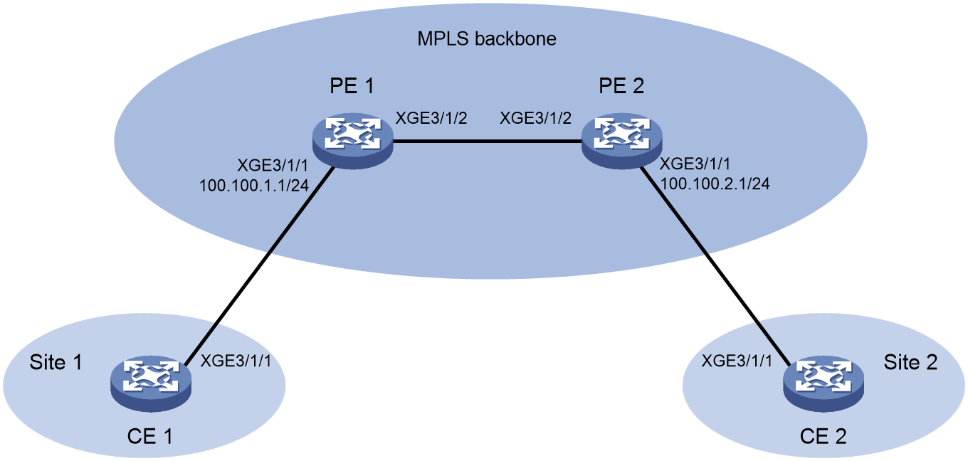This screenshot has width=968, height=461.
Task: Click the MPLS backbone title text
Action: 487,39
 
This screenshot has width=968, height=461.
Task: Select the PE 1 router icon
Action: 354,142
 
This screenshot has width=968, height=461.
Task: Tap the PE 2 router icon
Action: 622,142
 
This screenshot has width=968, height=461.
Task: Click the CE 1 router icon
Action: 151,383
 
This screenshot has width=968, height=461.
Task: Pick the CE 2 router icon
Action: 824,383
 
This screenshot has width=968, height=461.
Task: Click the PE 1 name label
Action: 352,85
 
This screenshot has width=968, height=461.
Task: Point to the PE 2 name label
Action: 621,85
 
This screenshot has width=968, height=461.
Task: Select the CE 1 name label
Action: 150,436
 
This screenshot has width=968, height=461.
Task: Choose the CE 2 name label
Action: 824,436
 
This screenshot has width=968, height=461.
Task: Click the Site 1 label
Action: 56,362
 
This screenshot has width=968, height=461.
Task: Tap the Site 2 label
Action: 910,362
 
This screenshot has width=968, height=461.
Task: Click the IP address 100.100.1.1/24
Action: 254,186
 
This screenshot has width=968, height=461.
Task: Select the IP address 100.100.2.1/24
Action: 715,184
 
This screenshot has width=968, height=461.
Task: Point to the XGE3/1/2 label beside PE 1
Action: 432,118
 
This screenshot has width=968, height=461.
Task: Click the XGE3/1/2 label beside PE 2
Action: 536,118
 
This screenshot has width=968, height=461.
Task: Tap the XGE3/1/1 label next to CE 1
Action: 236,361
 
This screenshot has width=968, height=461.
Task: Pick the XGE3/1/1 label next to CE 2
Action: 737,361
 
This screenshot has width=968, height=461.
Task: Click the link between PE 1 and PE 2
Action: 488,142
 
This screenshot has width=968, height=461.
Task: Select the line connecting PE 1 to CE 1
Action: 261,265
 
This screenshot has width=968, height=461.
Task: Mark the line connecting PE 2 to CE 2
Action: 715,265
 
